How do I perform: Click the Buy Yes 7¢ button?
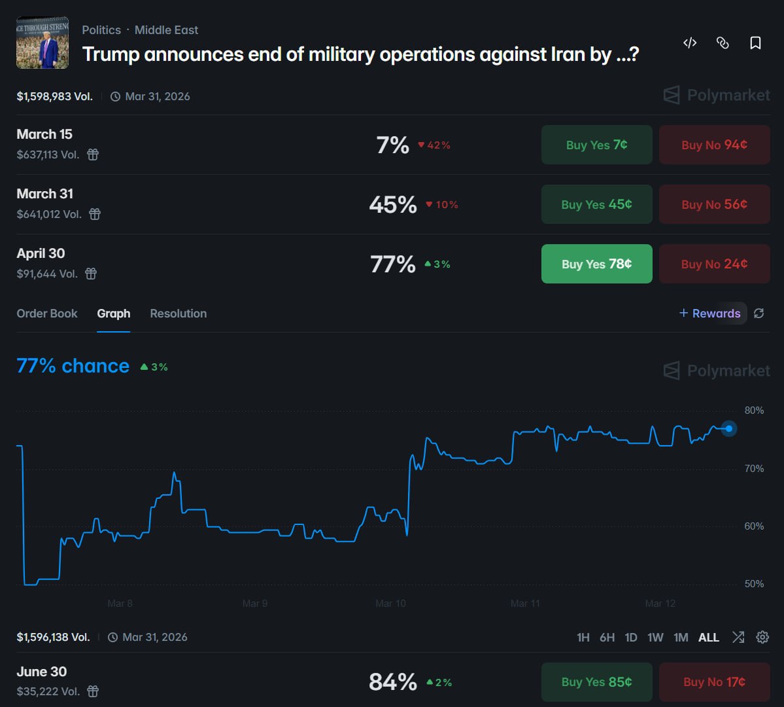click(x=596, y=145)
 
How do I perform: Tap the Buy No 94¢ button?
click(x=714, y=145)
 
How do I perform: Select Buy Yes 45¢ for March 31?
click(x=596, y=204)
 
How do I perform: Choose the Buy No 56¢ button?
click(x=714, y=204)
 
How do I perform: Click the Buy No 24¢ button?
click(x=714, y=264)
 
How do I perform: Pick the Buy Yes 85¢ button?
click(x=596, y=682)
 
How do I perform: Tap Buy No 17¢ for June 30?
click(x=714, y=682)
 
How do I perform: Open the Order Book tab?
click(x=47, y=314)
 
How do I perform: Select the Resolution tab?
click(x=179, y=314)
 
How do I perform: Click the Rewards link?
click(x=710, y=314)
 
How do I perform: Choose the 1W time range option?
click(x=655, y=638)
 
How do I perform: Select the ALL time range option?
click(x=709, y=638)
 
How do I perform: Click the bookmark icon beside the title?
click(x=755, y=43)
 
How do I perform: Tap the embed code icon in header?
click(x=690, y=43)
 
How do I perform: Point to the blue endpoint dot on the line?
click(x=729, y=429)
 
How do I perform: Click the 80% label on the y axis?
click(x=754, y=410)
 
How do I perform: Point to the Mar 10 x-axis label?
click(x=390, y=604)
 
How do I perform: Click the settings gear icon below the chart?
click(x=762, y=638)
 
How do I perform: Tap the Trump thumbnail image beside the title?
click(x=43, y=43)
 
